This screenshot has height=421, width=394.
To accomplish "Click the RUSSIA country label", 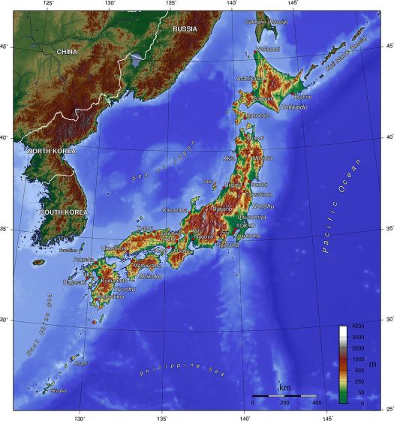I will coord(185,29).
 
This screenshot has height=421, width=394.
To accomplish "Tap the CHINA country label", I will coord(67,52).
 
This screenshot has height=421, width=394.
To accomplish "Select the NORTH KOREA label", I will coord(52,152).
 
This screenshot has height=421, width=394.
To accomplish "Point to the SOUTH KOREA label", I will coord(63,212).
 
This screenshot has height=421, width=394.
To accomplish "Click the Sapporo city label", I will coord(263,98).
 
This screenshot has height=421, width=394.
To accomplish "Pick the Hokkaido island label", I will coord(293,107).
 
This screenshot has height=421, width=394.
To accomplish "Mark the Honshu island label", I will coord(263,205).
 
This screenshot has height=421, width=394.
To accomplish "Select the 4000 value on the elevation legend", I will coord(358,326).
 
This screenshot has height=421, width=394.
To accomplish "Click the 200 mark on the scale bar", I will coord(284,403).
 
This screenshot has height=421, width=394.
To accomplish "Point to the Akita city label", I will coord(230,158).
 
